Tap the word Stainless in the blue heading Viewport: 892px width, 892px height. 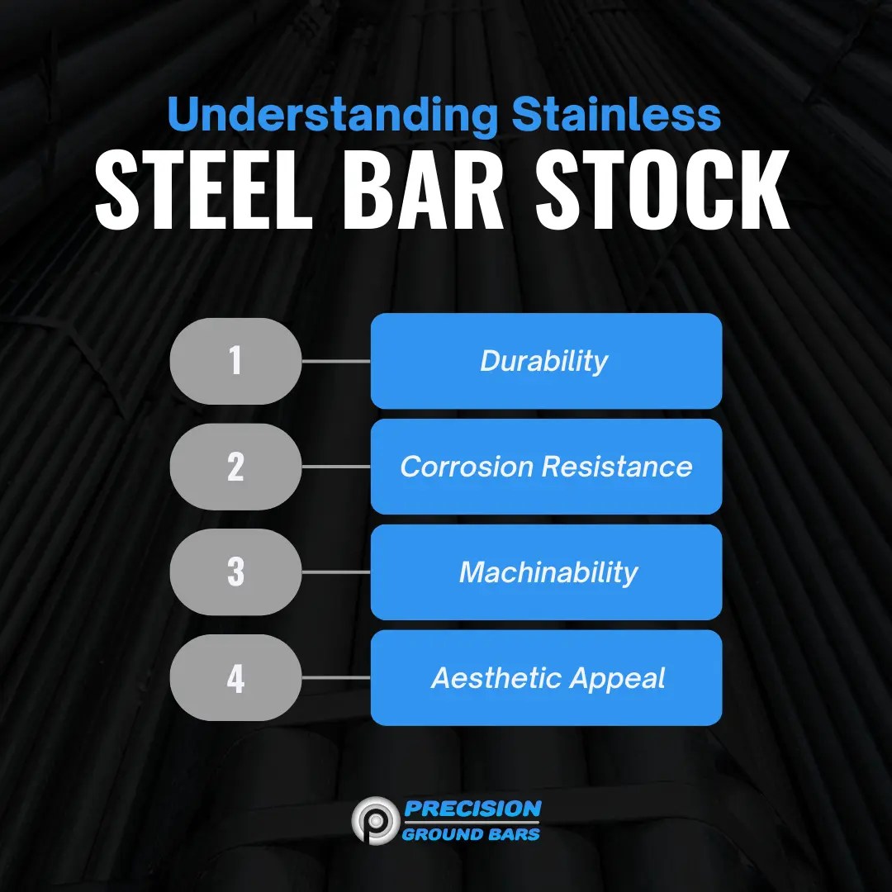616,115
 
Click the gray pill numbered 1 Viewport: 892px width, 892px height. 236,361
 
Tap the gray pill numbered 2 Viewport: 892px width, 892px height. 236,467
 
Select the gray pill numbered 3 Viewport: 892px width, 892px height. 236,572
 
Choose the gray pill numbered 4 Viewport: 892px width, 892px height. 236,678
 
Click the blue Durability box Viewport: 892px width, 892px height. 546,361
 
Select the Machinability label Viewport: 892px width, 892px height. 548,572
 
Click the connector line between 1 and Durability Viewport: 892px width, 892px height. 336,361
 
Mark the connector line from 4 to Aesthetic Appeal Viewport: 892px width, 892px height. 336,678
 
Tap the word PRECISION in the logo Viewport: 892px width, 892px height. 473,808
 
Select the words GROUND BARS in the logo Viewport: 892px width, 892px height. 472,833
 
